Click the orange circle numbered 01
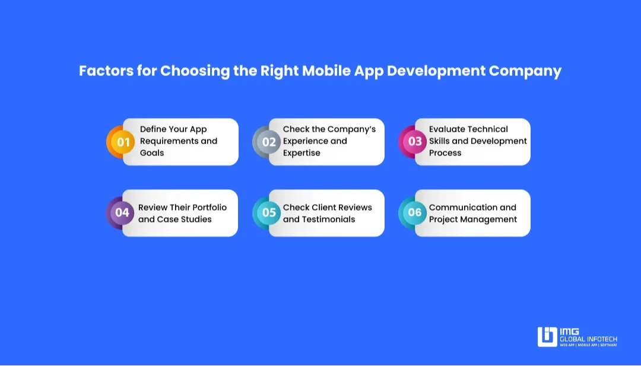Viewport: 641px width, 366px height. (x=121, y=142)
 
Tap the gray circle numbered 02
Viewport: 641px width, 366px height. (x=267, y=142)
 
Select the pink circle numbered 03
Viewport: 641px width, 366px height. (x=413, y=141)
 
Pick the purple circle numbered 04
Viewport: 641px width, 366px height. (x=120, y=213)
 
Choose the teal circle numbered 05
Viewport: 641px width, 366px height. (x=267, y=213)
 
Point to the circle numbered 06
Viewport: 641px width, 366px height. (x=413, y=212)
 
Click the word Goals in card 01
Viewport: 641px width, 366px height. (x=152, y=153)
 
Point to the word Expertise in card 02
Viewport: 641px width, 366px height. (x=302, y=153)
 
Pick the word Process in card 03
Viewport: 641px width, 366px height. (x=445, y=153)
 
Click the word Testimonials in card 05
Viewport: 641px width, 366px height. (x=328, y=219)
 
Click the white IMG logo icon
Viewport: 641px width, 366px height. (x=547, y=337)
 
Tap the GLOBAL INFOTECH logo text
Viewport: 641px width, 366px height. (x=589, y=339)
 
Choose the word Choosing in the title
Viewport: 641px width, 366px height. (x=195, y=71)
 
